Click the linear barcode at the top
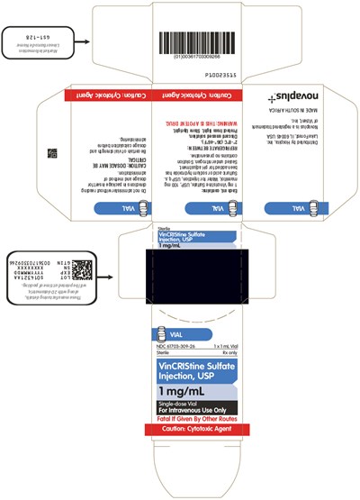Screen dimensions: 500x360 (197, 41)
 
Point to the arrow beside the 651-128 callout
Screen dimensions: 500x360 (80, 41)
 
